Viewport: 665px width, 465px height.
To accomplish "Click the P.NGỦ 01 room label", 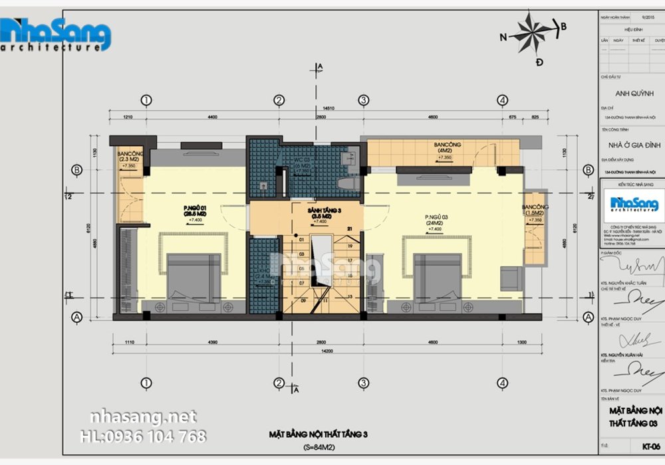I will coord(194,211).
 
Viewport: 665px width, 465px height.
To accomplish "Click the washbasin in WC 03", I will coord(348,159).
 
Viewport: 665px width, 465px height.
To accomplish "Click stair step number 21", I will coord(348,229).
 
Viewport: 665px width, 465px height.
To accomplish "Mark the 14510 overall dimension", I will coord(329,108).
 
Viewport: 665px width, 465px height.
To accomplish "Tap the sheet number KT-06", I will coord(650,445).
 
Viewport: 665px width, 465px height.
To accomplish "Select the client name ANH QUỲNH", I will coord(631,93).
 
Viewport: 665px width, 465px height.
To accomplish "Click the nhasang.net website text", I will coord(143,417).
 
